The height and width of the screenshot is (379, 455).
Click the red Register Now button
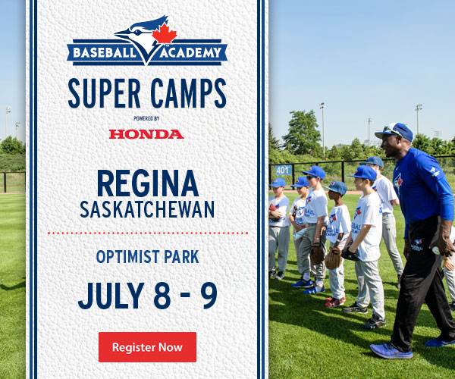click(x=147, y=347)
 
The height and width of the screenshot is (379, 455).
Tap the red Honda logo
click(x=146, y=134)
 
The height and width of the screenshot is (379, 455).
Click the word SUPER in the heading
click(x=104, y=93)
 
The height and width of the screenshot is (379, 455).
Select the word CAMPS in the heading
click(x=188, y=93)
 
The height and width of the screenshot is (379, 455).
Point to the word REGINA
click(x=148, y=183)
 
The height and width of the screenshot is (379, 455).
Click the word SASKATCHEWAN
click(x=147, y=209)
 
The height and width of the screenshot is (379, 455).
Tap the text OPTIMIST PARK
click(x=147, y=257)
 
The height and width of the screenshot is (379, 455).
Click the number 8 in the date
click(x=162, y=295)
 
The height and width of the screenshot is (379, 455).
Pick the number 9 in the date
click(x=209, y=295)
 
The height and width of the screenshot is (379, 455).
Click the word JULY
click(x=111, y=295)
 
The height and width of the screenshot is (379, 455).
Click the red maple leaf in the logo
click(x=165, y=33)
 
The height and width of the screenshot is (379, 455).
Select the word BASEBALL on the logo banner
click(x=105, y=53)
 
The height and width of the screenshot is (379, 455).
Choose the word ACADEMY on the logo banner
click(x=190, y=53)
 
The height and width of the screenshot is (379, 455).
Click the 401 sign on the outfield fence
click(x=283, y=171)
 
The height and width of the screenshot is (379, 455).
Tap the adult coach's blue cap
click(x=395, y=131)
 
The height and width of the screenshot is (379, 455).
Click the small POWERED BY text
click(x=146, y=118)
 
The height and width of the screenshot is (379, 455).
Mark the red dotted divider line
click(x=148, y=233)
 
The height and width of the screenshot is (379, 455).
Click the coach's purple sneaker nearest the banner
click(x=391, y=351)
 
